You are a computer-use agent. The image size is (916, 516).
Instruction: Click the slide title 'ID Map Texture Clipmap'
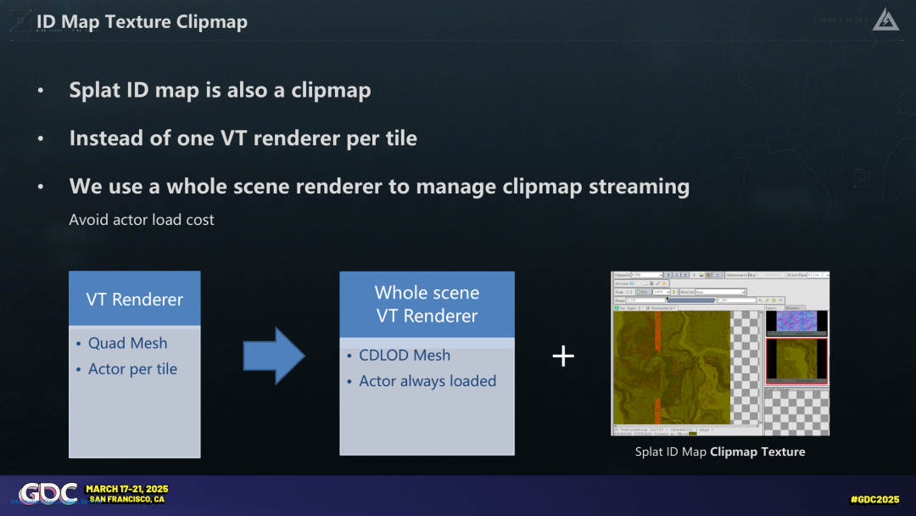[x=142, y=22]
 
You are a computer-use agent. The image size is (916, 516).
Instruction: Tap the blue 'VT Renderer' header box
[x=134, y=299]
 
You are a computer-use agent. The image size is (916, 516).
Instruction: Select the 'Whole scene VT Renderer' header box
[x=427, y=304]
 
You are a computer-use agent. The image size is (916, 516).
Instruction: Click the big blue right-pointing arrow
[x=273, y=356]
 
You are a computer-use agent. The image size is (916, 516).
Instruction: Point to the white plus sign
[x=563, y=356]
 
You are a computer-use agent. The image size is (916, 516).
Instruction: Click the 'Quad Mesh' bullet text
[x=127, y=343]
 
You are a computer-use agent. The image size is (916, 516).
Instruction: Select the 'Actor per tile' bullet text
[x=132, y=369]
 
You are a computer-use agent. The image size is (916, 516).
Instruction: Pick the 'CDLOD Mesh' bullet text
[x=404, y=356]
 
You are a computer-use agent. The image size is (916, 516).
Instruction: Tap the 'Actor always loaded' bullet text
[x=427, y=381]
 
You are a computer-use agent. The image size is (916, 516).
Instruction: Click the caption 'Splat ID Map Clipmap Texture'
[x=719, y=451]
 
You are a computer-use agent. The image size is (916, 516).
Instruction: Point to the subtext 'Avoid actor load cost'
[x=142, y=220]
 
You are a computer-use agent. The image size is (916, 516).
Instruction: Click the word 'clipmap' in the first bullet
[x=331, y=90]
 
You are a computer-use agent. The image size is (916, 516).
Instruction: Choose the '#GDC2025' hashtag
[x=874, y=499]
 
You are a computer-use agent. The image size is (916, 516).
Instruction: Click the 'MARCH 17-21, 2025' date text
[x=126, y=489]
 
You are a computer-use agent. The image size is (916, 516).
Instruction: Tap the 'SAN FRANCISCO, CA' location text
[x=126, y=500]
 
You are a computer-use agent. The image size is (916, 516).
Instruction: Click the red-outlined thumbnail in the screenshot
[x=796, y=361]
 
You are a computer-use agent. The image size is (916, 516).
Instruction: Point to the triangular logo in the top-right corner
[x=887, y=20]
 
